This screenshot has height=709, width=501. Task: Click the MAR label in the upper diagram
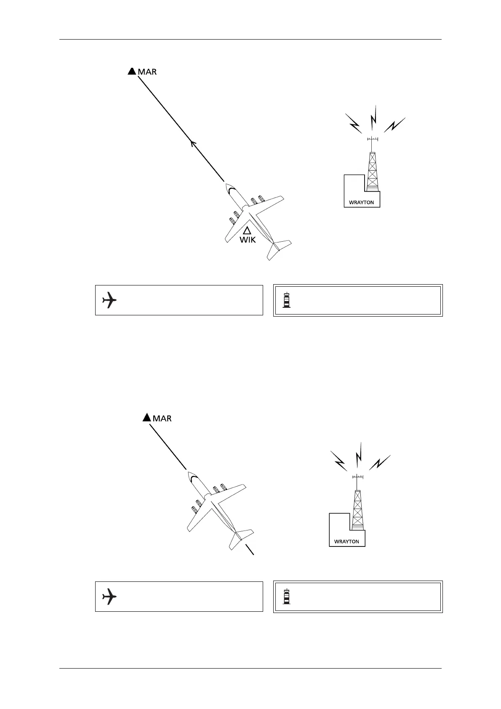[147, 72]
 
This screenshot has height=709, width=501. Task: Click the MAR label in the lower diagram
[162, 418]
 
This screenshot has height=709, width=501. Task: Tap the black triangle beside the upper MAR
[132, 71]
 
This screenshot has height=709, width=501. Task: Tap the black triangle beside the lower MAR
[147, 417]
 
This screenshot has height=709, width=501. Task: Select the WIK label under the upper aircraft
[248, 240]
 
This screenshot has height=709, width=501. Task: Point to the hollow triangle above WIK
[247, 230]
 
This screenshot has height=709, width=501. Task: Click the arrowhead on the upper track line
[193, 144]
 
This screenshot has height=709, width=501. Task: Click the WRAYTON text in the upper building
[361, 203]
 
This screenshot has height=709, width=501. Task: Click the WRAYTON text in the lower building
[346, 541]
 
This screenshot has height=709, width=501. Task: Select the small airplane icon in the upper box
[109, 300]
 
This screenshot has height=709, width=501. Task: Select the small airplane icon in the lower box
[109, 597]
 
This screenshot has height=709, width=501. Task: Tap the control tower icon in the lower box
[287, 597]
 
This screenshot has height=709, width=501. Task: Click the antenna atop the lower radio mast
[357, 477]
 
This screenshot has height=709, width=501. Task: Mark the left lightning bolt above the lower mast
[339, 461]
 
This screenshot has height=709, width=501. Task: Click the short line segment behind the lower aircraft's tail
[250, 550]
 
